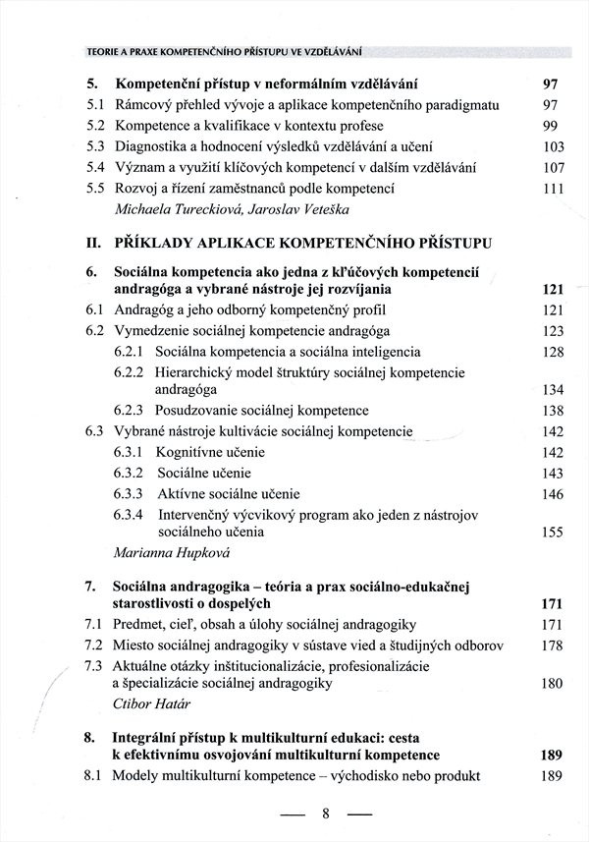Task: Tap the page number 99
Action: (550, 126)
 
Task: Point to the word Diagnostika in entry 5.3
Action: (159, 147)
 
